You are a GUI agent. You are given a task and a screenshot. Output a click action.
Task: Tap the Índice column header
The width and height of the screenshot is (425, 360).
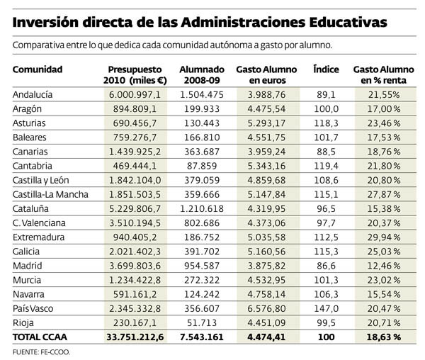326,69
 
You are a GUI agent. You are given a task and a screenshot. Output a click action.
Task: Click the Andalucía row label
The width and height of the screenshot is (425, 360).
35,94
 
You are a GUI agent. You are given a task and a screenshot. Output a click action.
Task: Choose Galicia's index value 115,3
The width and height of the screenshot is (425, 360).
326,250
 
